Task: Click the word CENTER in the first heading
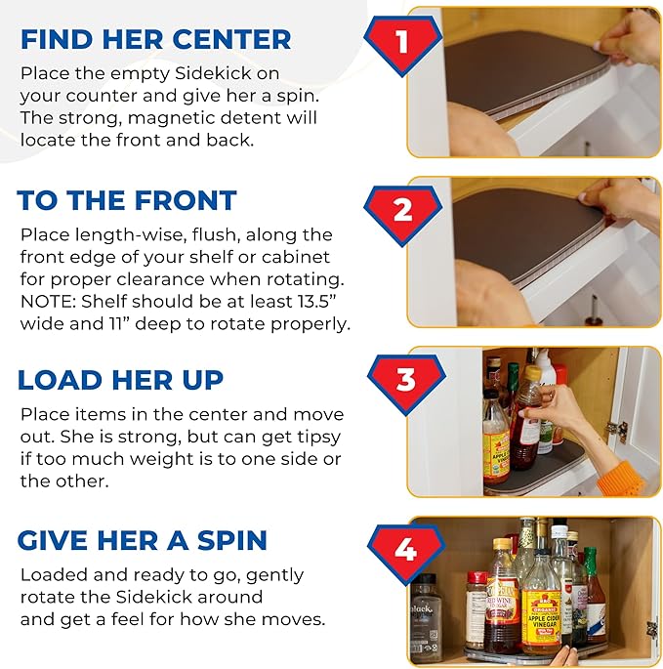(x=231, y=39)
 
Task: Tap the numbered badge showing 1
(x=402, y=44)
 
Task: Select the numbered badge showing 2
(x=402, y=214)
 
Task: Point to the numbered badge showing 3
(x=406, y=383)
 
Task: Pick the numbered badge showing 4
(x=406, y=554)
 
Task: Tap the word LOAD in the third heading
(x=61, y=380)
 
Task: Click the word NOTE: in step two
(x=48, y=302)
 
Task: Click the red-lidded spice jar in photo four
(x=477, y=610)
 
